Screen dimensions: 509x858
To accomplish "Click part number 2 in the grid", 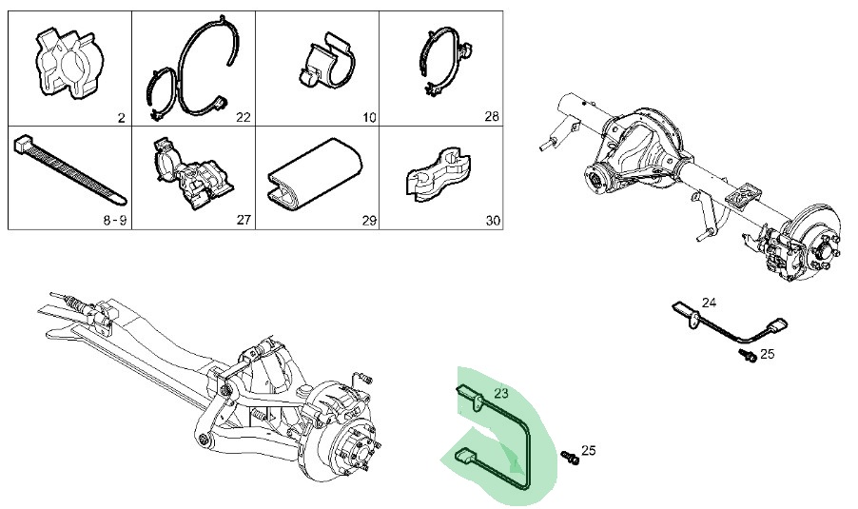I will point(121,118).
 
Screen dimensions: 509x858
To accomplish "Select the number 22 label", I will point(243,118).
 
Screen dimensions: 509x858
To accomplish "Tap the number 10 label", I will point(369,118).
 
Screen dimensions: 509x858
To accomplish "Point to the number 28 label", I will point(491,118).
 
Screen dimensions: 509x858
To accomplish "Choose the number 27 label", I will point(243,221).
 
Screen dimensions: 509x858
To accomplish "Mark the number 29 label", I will point(369,221).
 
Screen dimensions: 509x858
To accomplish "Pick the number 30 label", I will point(491,221).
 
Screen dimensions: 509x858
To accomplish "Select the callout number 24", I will point(709,303).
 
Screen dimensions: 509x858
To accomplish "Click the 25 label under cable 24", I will point(768,354).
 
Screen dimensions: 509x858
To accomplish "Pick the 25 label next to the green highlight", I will point(588,450).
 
